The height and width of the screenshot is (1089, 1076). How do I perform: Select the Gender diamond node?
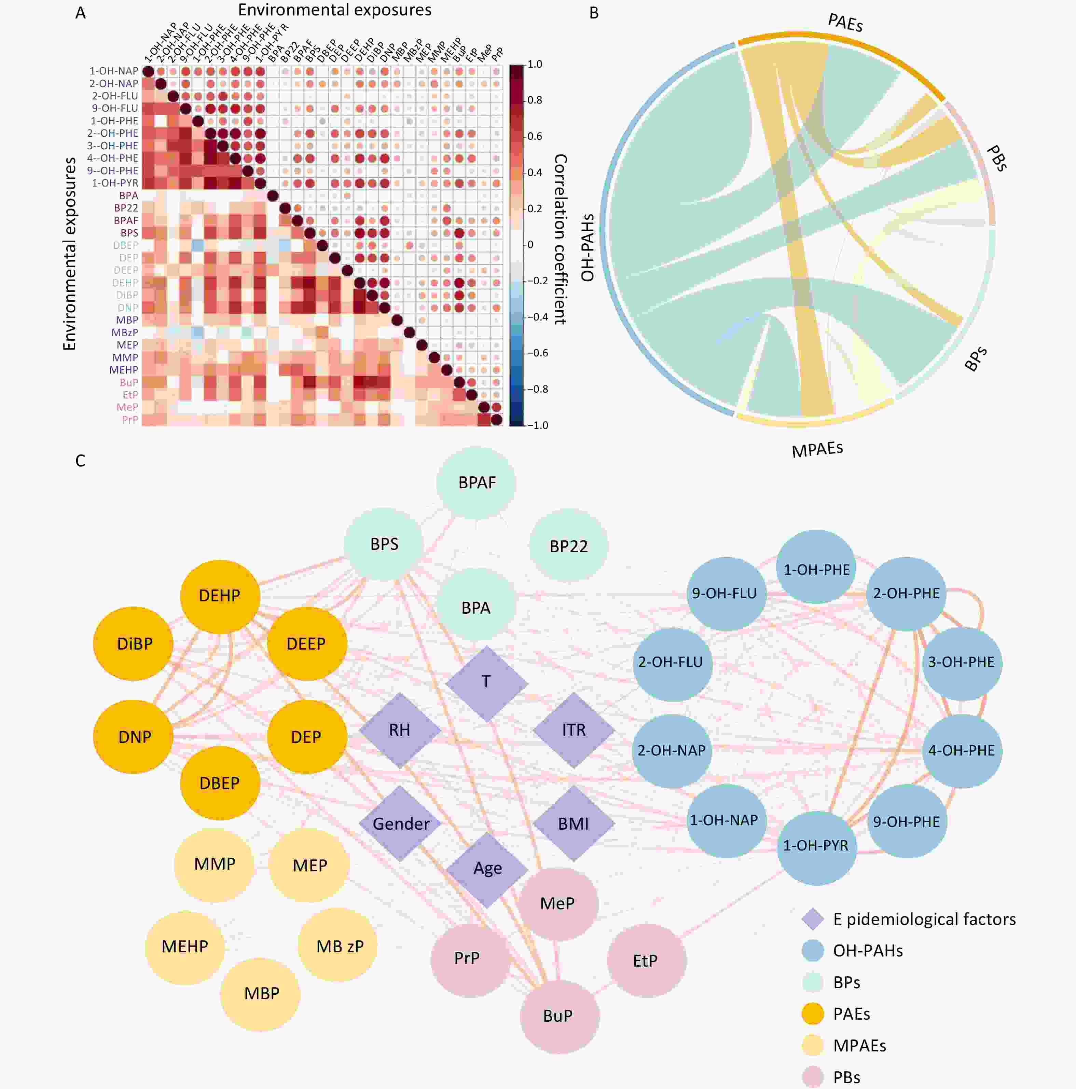pyautogui.click(x=401, y=823)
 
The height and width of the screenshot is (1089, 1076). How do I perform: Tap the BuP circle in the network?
pyautogui.click(x=558, y=1016)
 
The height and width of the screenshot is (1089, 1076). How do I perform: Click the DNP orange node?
pyautogui.click(x=134, y=737)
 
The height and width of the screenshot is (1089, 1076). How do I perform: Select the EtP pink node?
pyautogui.click(x=646, y=961)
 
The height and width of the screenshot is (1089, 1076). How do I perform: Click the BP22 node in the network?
pyautogui.click(x=568, y=546)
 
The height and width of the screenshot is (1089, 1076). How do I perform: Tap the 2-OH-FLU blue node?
pyautogui.click(x=671, y=662)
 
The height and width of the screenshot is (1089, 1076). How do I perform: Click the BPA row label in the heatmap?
pyautogui.click(x=128, y=195)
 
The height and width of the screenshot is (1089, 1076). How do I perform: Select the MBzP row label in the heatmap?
pyautogui.click(x=124, y=332)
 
